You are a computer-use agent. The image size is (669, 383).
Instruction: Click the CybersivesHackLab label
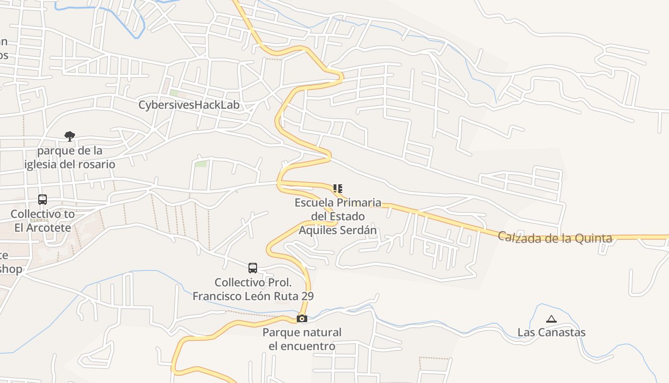[189, 105]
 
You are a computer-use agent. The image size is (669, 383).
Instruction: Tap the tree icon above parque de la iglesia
[70, 136]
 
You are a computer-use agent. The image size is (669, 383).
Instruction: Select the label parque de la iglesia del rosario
[70, 158]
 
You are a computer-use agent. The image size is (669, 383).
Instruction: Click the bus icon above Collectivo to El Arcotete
[43, 200]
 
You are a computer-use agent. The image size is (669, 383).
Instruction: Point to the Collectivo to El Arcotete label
[43, 221]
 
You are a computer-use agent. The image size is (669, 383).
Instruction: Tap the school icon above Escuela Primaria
[337, 189]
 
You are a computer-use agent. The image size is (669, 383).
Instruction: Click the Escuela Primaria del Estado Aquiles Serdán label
[338, 216]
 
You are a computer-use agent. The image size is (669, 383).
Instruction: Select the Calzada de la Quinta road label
[555, 237]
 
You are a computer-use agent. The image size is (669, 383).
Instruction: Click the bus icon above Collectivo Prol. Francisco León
[253, 268]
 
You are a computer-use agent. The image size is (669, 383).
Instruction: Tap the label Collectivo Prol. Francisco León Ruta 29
[253, 289]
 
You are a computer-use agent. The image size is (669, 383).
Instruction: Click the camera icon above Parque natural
[302, 318]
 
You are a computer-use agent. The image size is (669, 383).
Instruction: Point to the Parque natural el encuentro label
[302, 339]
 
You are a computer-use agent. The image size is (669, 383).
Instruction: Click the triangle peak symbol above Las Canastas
[551, 319]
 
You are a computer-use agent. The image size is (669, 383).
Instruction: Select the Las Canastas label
[551, 332]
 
